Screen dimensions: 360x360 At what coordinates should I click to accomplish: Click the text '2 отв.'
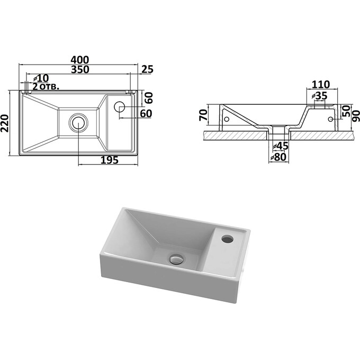coord(46,86)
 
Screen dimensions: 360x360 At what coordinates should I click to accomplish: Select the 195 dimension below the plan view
coord(108,160)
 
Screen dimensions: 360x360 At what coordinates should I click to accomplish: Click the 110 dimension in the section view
coord(321,84)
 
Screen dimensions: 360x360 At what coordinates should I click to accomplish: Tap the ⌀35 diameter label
coord(319,96)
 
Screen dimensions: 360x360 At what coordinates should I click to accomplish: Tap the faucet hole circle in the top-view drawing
coord(120,108)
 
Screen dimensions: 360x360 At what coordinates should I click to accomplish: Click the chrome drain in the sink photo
coord(176,259)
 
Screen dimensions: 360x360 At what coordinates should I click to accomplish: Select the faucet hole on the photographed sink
coord(228,238)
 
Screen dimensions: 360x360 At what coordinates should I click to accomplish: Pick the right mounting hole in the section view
coord(331,120)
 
